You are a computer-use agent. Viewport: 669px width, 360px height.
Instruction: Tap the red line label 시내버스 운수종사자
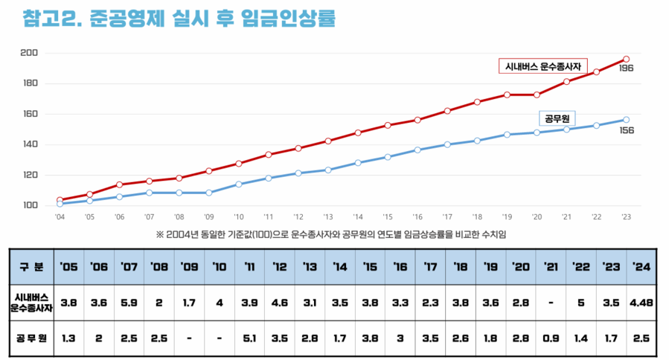(x=543, y=66)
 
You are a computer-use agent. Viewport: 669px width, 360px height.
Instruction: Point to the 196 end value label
(x=626, y=69)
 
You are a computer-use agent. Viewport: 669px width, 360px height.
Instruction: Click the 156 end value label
(x=626, y=130)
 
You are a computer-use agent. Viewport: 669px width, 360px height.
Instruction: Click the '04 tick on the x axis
(x=60, y=217)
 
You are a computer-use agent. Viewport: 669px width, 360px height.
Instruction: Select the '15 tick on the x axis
(x=388, y=217)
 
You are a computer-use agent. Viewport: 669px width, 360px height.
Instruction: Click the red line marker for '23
(x=626, y=59)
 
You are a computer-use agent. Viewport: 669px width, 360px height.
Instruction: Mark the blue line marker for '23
(x=626, y=120)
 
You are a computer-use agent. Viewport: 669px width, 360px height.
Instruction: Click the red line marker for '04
(x=60, y=200)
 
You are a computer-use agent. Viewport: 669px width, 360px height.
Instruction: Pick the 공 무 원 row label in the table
(x=32, y=338)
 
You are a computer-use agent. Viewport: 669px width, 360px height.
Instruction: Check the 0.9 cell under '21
(x=551, y=338)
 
